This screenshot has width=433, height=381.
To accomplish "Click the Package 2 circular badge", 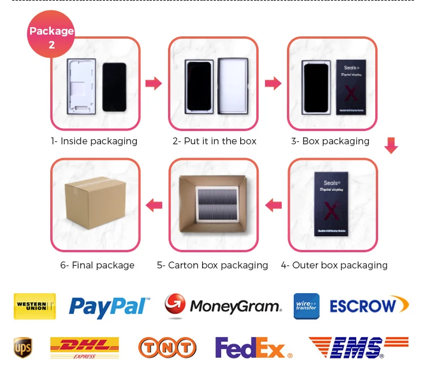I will tap(51, 35).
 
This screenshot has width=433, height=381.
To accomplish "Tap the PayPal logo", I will tap(109, 306).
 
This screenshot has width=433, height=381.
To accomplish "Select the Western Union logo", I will tap(35, 306).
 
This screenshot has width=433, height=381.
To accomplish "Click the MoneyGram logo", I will tap(223, 305).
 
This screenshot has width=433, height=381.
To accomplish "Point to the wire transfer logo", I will tap(306, 306).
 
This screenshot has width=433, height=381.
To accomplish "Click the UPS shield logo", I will tap(23, 348).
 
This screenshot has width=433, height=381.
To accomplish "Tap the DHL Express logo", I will tap(84, 348).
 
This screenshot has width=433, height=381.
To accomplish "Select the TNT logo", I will tap(167, 348).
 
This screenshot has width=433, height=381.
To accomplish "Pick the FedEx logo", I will tap(253, 348).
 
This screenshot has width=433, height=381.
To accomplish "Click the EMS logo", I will tap(358, 348).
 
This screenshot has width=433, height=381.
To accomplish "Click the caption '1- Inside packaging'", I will tap(94, 141).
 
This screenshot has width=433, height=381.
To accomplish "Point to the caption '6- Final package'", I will tap(97, 266).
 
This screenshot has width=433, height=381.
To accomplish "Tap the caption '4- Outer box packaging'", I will tap(334, 266).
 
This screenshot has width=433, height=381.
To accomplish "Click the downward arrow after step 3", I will tap(391, 145).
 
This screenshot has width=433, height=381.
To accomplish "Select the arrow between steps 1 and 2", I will tap(153, 84).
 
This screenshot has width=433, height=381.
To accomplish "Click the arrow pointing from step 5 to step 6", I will tap(154, 205).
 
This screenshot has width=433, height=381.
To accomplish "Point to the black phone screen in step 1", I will tap(114, 87).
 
